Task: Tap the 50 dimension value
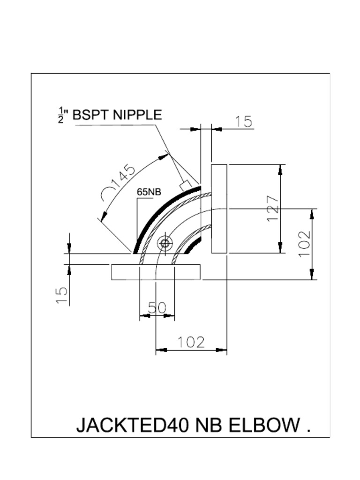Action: (x=157, y=308)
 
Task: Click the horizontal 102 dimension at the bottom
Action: (x=191, y=342)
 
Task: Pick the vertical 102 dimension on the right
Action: (x=305, y=243)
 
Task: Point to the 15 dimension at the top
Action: (x=244, y=122)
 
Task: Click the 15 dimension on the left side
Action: (x=62, y=295)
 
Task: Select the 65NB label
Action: (x=149, y=192)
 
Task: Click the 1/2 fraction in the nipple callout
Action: (x=61, y=115)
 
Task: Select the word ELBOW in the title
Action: (x=264, y=425)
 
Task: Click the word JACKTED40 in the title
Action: (x=133, y=425)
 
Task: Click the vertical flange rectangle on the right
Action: (x=219, y=209)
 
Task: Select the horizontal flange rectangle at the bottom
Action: (x=156, y=272)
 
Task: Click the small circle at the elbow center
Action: (x=165, y=243)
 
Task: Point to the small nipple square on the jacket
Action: (x=185, y=185)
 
